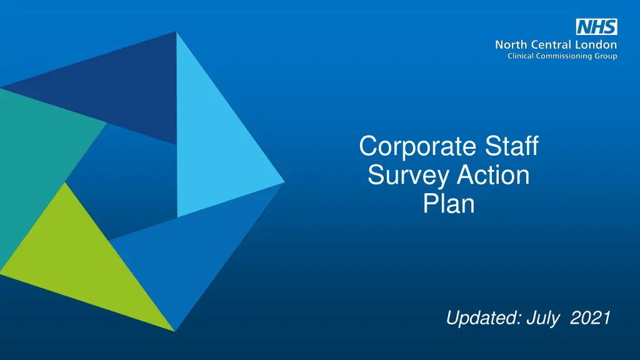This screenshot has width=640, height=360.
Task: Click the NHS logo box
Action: pyautogui.click(x=596, y=27)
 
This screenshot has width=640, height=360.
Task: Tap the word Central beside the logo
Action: pyautogui.click(x=550, y=45)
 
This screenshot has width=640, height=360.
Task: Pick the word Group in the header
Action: pyautogui.click(x=605, y=56)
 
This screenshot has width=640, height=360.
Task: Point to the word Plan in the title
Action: pyautogui.click(x=449, y=204)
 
